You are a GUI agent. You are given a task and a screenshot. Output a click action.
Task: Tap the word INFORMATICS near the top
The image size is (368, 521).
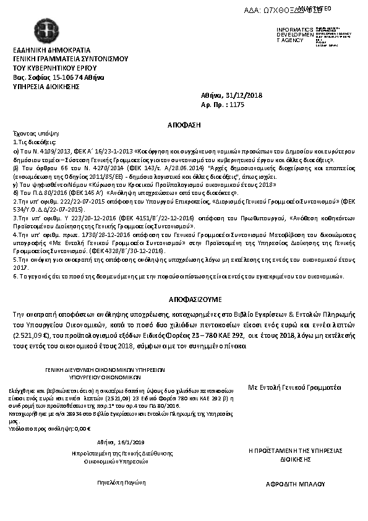[x=291, y=29]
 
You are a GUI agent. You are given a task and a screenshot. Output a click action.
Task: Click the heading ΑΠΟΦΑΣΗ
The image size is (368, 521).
[x=184, y=124]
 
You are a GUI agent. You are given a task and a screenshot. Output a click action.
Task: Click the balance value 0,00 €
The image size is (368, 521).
[x=82, y=428]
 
